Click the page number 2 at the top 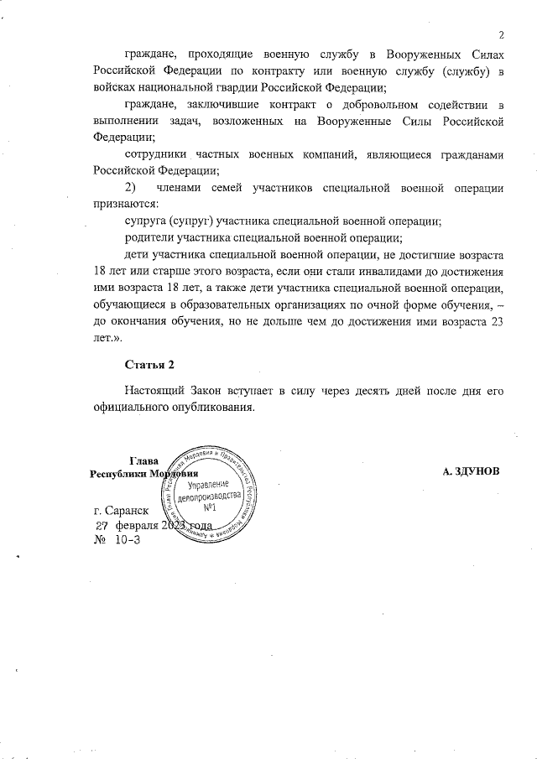click(x=500, y=34)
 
